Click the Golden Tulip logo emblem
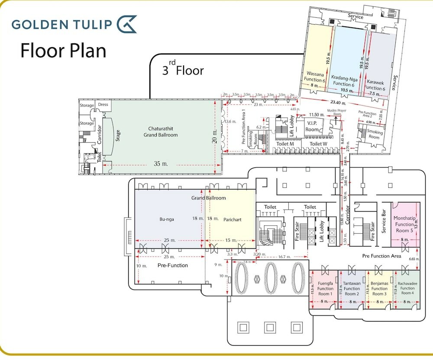127,24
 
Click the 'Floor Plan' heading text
63,50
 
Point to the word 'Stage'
117,136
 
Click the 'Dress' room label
103,104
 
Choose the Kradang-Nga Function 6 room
344,80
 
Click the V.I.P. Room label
312,126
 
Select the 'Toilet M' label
285,144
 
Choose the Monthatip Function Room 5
404,224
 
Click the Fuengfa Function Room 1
325,289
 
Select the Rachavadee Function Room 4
407,288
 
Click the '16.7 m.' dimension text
283,257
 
